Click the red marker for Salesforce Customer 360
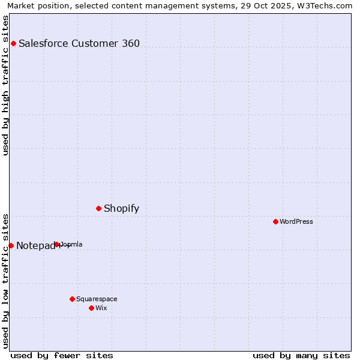click(x=13, y=43)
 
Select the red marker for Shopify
click(x=99, y=208)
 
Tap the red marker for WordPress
click(x=275, y=221)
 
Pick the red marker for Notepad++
click(x=11, y=245)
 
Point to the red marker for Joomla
click(x=57, y=244)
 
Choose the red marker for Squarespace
click(x=72, y=299)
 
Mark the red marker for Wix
click(x=91, y=308)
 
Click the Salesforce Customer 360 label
click(x=79, y=43)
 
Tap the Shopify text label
click(x=121, y=209)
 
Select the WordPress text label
click(x=296, y=221)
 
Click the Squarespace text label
click(x=97, y=299)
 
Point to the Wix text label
click(x=101, y=308)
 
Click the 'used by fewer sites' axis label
click(x=62, y=355)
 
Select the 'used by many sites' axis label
click(x=301, y=355)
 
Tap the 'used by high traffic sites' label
click(x=6, y=85)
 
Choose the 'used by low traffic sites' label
click(x=6, y=280)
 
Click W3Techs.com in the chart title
click(x=329, y=6)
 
